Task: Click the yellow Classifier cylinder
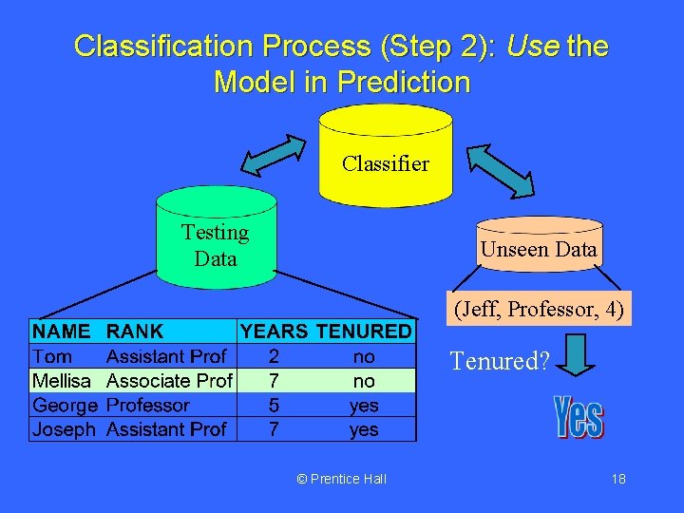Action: tap(386, 157)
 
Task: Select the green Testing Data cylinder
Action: tap(216, 239)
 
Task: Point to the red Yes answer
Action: tap(579, 418)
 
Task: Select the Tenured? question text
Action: tap(499, 362)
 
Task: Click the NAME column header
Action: tap(62, 332)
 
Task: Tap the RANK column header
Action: tap(135, 332)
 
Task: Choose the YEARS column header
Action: tap(274, 332)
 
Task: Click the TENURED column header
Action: tap(364, 332)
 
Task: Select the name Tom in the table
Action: tap(52, 356)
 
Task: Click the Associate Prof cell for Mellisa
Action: tap(169, 381)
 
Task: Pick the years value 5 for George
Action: tap(274, 406)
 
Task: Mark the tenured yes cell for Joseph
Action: tap(364, 429)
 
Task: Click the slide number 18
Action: tap(618, 479)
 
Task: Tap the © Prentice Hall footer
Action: tap(342, 479)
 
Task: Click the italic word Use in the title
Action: tap(532, 46)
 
